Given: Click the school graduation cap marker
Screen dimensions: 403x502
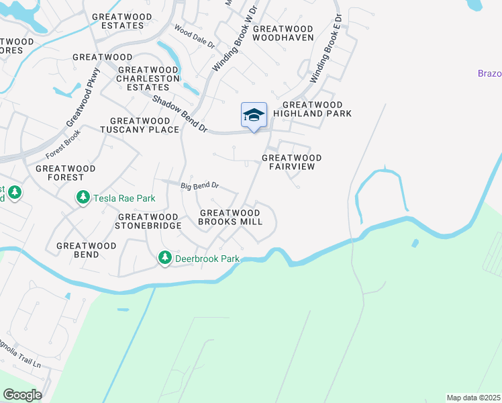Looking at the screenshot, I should coord(254,115).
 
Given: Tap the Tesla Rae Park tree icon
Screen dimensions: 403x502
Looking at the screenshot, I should coord(83,198).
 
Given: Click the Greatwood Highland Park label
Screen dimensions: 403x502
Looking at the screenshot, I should coord(317,109).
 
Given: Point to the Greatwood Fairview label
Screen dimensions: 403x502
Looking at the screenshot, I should coord(291,163).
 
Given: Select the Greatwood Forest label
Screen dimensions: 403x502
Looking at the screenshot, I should coord(66,173).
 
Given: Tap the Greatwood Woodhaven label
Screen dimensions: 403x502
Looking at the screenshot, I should coord(283,34).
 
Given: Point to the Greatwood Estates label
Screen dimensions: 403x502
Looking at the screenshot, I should coord(118,21).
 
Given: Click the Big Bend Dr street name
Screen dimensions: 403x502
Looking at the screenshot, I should coord(199,185).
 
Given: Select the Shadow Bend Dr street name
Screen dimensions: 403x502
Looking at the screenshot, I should coord(180,113).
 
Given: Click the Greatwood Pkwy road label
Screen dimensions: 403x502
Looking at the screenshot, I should coord(83,97).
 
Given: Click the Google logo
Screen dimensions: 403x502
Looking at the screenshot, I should coord(22,395).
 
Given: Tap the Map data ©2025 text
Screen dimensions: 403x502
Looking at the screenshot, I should coord(472,398).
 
